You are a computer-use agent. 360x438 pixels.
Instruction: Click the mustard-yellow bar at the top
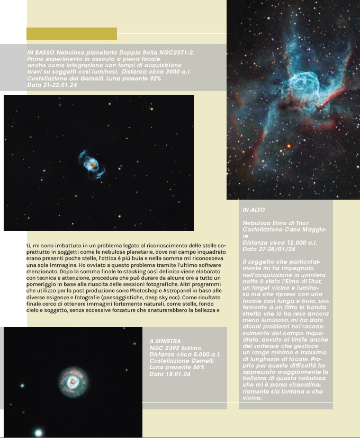[x=71, y=34]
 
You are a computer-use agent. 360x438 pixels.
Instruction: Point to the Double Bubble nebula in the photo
[x=92, y=163]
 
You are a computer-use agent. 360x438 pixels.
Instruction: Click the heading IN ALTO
[x=254, y=210]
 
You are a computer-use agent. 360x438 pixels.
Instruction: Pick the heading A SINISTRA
[x=165, y=341]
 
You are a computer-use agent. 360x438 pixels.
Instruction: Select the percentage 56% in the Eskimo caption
[x=197, y=367]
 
